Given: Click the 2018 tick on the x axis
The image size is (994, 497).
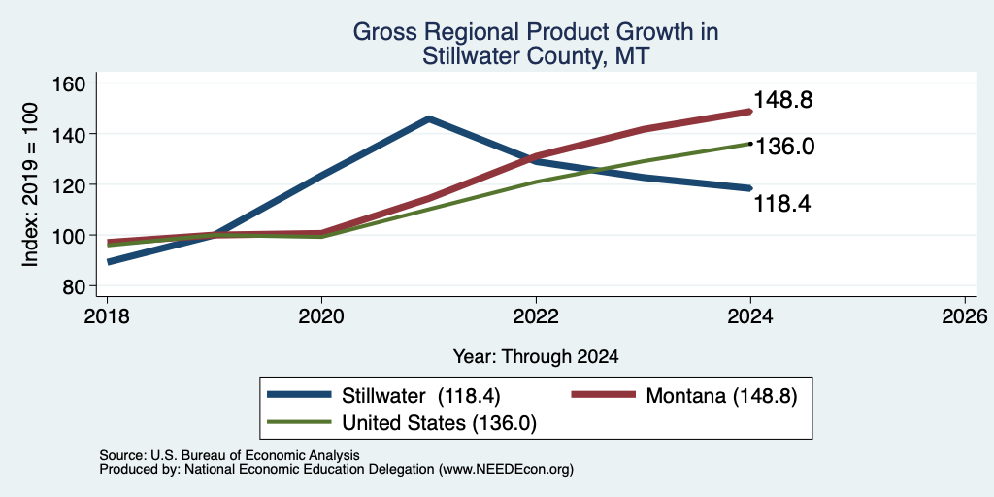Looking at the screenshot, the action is [107, 316].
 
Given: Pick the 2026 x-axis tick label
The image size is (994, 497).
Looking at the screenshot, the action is [965, 316].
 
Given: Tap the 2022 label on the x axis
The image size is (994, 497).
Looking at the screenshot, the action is [536, 316].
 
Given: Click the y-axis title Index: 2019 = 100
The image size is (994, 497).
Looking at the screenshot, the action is [30, 185].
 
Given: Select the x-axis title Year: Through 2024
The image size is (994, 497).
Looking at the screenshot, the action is [536, 357].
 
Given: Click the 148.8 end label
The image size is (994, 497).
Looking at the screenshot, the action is [783, 100].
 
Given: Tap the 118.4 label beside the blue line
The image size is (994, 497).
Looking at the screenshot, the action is [783, 204].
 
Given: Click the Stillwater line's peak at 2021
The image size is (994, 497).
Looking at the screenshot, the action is [429, 118].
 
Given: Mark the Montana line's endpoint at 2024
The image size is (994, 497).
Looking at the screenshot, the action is [750, 112].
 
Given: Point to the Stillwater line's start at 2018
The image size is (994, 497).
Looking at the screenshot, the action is [109, 261].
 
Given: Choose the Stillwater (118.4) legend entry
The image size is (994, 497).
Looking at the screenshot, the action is [384, 395].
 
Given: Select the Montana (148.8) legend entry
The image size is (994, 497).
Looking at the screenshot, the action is [684, 395].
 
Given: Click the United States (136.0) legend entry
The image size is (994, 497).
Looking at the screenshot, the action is [402, 422].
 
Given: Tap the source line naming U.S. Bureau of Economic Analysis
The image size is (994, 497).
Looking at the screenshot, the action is [229, 455].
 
